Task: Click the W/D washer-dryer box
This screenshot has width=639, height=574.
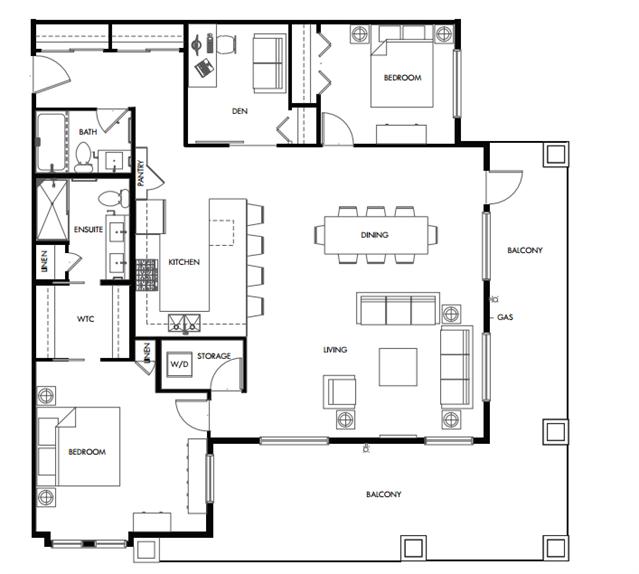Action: click(x=179, y=363)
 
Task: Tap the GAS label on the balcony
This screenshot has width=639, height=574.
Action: click(x=505, y=317)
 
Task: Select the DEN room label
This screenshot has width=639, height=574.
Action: click(x=239, y=111)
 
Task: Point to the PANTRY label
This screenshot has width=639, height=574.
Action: click(x=141, y=173)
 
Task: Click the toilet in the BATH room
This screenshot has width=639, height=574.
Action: click(x=84, y=157)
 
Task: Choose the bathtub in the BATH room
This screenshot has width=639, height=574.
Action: click(x=51, y=142)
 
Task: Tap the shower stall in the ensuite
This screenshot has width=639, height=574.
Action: click(x=52, y=210)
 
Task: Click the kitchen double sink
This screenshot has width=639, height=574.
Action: click(x=185, y=322)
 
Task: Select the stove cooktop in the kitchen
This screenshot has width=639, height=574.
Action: click(x=146, y=275)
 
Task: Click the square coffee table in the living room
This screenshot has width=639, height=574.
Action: click(x=398, y=367)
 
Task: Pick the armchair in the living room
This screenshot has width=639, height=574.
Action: click(x=339, y=392)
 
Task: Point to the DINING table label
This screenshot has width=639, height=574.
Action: click(x=375, y=235)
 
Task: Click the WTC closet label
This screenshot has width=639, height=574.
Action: click(x=86, y=319)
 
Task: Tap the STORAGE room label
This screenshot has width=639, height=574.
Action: click(x=214, y=356)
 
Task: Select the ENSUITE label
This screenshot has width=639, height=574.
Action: click(x=88, y=229)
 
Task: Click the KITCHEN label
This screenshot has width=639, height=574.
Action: click(x=184, y=262)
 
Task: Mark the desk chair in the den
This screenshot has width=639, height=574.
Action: click(x=226, y=44)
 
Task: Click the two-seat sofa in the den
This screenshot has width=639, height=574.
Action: click(x=268, y=63)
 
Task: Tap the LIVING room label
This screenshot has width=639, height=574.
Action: click(x=335, y=350)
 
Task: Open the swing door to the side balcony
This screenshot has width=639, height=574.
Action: click(x=504, y=187)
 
